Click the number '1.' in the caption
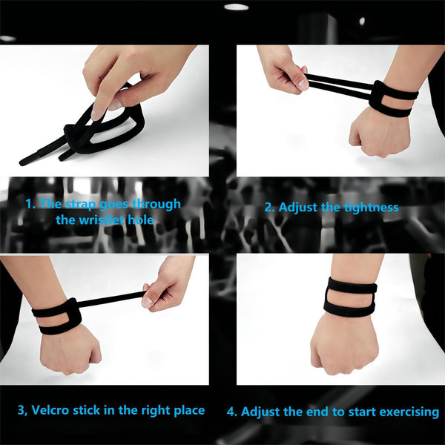(30, 204)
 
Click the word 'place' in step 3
(188, 409)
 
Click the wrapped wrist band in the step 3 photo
(57, 315)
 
